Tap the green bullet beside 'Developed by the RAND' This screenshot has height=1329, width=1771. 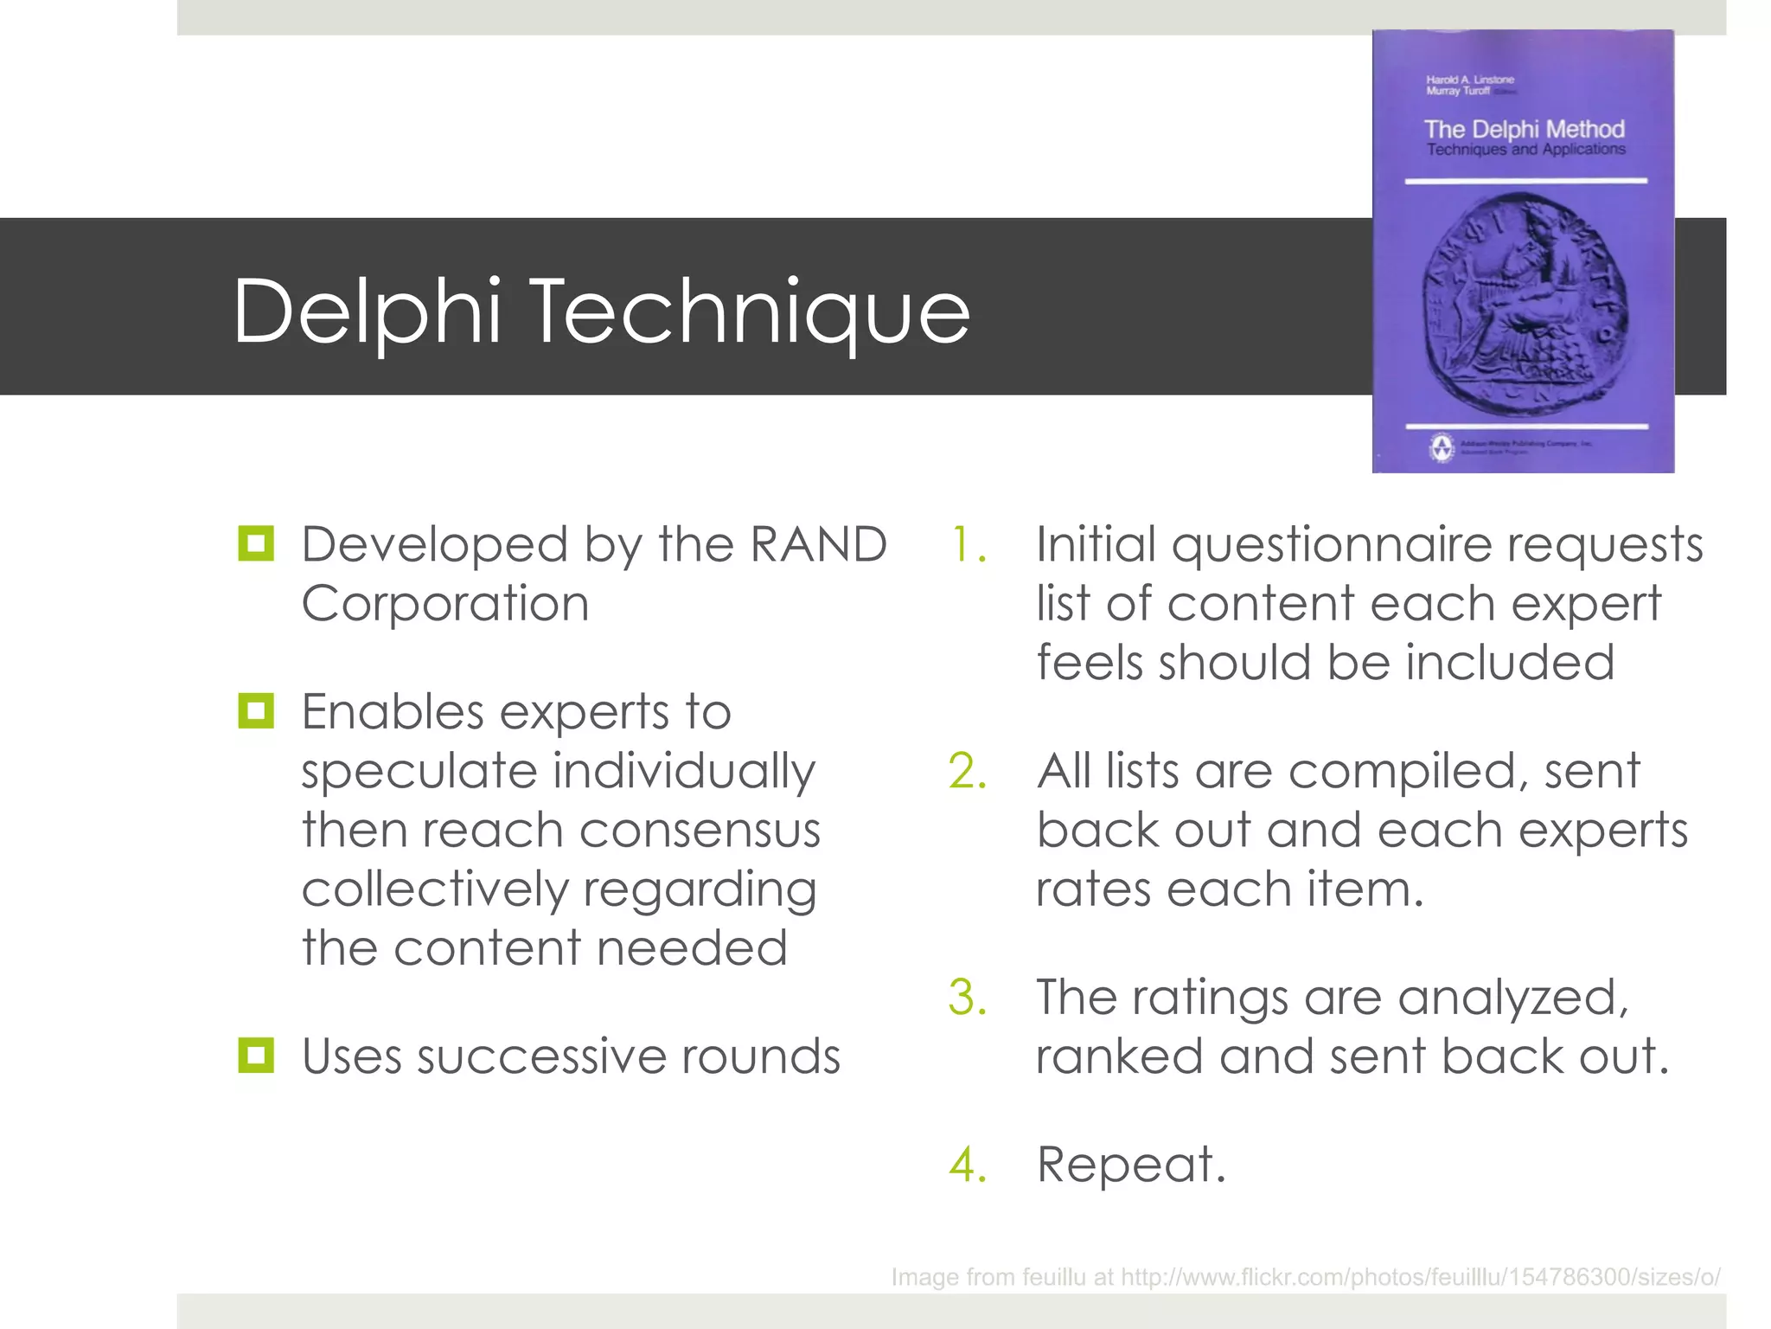256,544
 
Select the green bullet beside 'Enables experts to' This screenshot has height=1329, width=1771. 256,711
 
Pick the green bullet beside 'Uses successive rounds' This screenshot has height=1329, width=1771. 256,1056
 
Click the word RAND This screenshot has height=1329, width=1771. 817,545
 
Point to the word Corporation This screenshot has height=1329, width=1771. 445,604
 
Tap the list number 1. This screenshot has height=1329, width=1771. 969,545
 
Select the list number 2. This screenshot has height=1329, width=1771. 969,771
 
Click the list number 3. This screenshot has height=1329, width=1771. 969,998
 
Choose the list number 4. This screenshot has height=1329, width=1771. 969,1165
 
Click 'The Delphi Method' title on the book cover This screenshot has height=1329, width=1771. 1524,130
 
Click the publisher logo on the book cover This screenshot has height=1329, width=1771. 1441,447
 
